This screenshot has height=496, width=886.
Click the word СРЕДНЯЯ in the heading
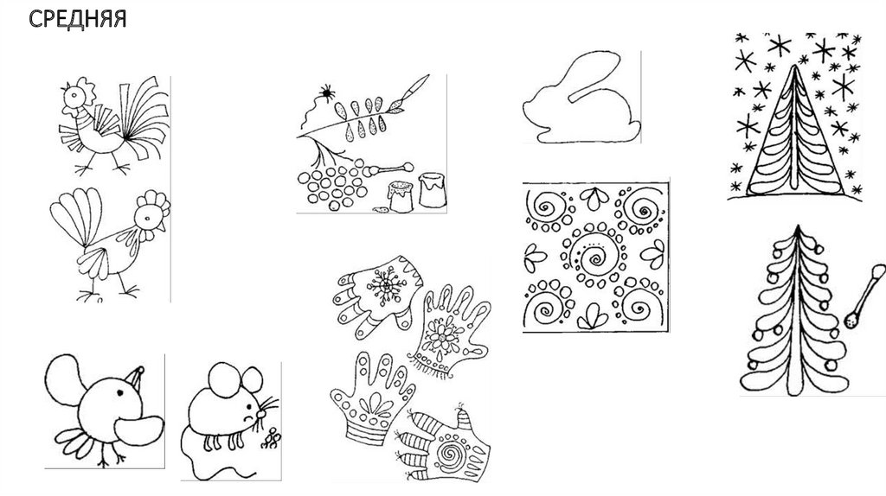77,19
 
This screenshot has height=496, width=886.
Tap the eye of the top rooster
74,96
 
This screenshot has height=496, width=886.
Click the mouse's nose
261,414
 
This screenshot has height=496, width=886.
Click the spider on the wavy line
326,92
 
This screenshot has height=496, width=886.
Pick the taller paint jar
433,189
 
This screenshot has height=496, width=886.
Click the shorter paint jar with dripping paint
401,196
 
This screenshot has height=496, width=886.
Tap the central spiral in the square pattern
595,258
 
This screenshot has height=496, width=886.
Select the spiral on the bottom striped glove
450,453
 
